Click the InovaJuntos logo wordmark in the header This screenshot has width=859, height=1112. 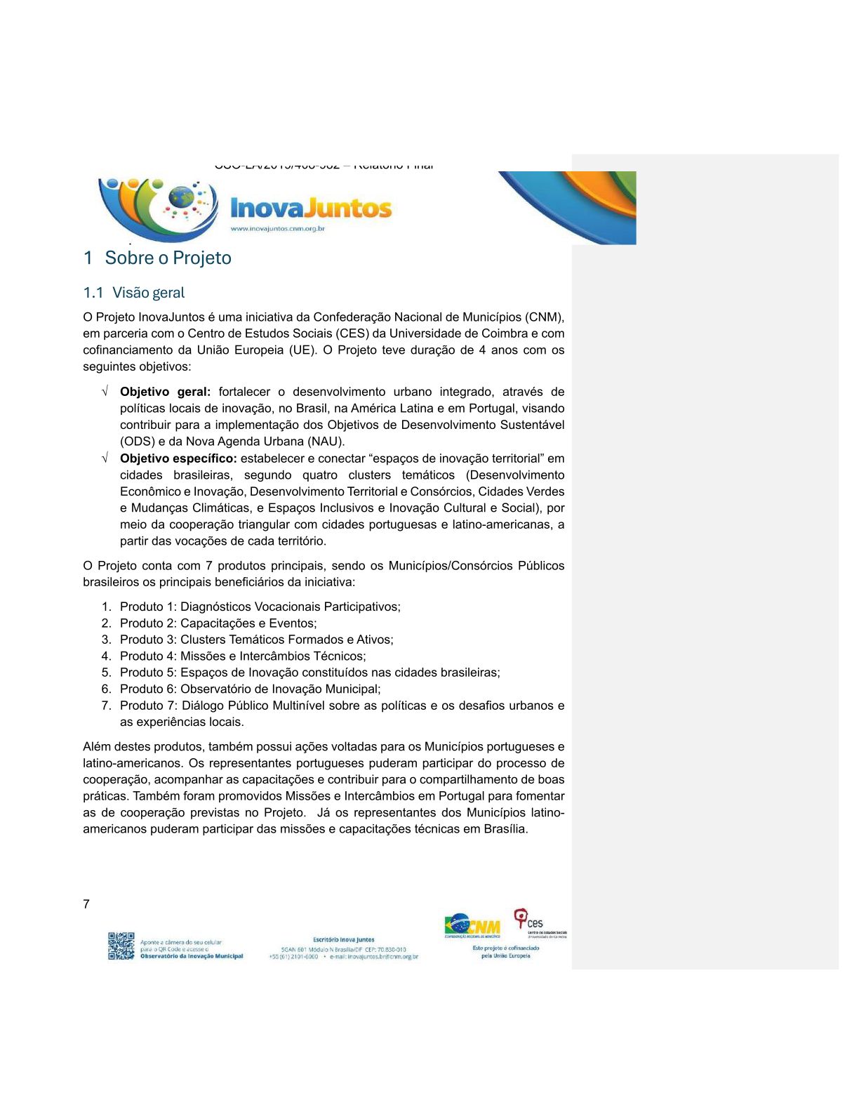coord(311,208)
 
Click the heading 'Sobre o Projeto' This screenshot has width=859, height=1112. coord(168,258)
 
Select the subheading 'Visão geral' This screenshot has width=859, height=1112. coord(148,293)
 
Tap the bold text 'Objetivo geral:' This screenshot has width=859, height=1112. coord(165,392)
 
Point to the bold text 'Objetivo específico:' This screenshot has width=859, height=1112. coord(178,458)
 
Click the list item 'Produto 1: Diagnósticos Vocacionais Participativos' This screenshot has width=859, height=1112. coord(260,607)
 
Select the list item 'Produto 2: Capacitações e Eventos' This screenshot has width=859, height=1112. coord(218,623)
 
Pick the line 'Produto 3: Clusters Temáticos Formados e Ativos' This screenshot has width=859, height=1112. coord(256,640)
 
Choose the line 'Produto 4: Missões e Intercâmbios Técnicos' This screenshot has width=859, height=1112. coord(243,656)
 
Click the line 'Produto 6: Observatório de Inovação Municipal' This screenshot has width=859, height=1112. coord(250,689)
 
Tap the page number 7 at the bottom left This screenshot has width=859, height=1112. coord(86,904)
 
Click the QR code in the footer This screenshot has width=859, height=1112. coord(121,946)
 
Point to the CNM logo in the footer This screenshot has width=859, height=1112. coord(472,926)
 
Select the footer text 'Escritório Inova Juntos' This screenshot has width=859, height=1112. coord(344,939)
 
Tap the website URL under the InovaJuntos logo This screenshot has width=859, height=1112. coord(278,229)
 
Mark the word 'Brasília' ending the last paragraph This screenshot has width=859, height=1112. coord(505,829)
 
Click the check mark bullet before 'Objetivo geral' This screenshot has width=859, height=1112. coord(105,392)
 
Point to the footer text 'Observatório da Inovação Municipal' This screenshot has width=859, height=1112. coord(192,956)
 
